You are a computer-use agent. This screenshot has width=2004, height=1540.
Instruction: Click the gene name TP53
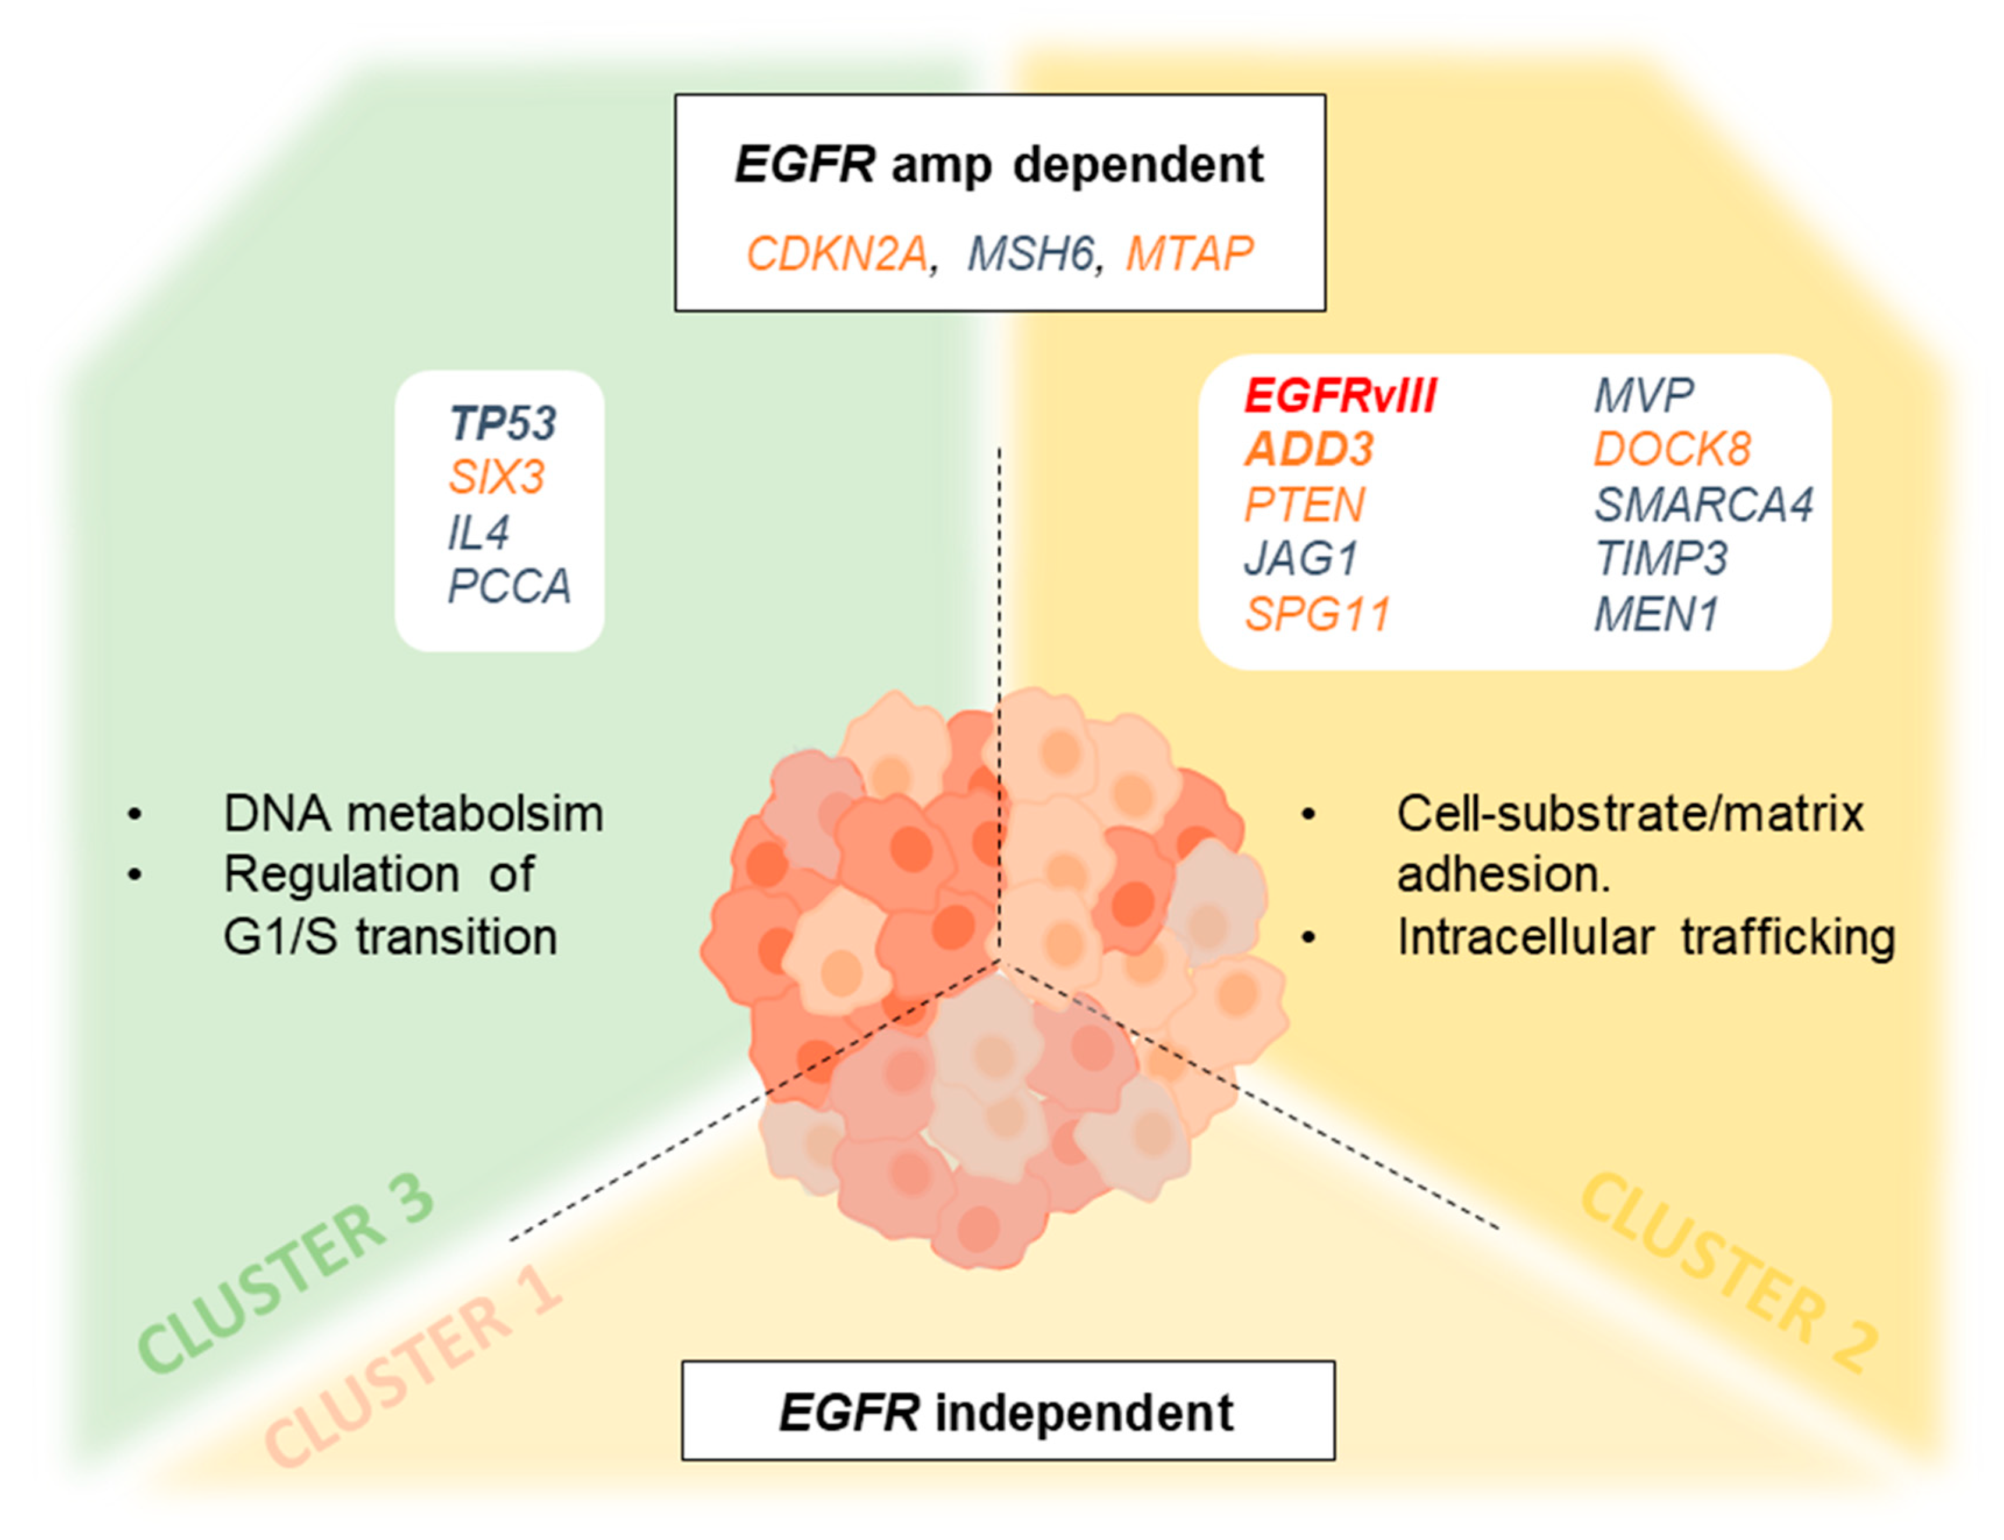502,424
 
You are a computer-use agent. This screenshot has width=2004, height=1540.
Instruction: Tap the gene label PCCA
509,587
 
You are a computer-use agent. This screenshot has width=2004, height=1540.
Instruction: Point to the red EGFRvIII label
1339,396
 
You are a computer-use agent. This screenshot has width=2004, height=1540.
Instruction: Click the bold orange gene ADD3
1308,450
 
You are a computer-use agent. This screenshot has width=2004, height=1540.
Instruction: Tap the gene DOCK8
1671,450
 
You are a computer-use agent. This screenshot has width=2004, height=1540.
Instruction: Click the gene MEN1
1655,614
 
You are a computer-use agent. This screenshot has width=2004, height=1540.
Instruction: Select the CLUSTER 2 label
1728,1274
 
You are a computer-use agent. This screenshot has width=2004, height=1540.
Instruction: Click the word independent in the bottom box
1084,1413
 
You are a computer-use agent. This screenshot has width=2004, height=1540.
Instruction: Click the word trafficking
1787,937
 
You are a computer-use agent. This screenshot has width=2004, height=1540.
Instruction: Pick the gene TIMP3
1660,559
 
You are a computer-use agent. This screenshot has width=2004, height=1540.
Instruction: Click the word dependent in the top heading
1138,165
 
